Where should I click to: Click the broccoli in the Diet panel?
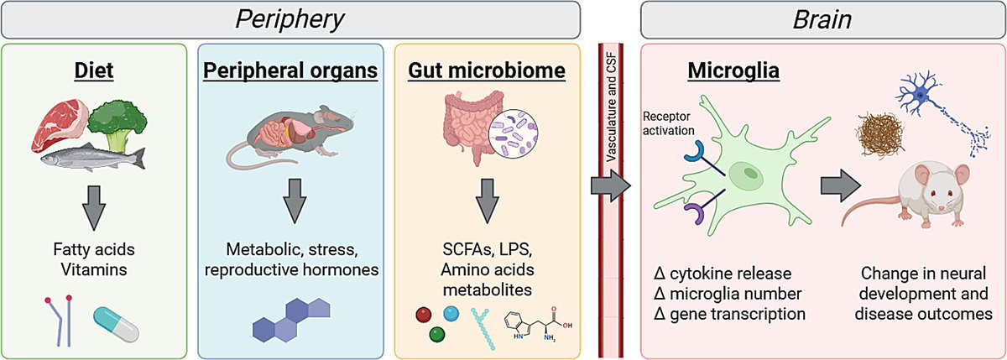pos(123,122)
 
